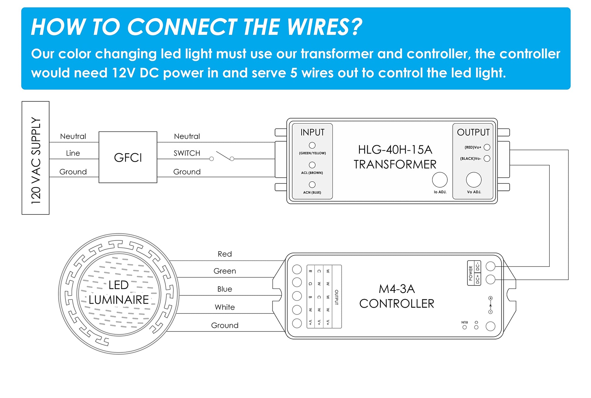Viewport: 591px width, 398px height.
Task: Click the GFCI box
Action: click(128, 157)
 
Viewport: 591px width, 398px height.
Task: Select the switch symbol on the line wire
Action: click(222, 156)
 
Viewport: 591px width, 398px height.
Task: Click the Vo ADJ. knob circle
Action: click(473, 180)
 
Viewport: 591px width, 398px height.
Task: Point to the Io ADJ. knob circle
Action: click(440, 180)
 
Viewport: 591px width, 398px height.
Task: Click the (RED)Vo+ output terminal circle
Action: click(487, 147)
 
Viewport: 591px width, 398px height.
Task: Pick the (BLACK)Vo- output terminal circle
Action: click(487, 158)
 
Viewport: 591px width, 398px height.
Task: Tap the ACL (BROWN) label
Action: click(312, 173)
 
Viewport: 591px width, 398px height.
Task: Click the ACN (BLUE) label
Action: click(312, 192)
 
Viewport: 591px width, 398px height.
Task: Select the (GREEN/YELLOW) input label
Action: click(312, 153)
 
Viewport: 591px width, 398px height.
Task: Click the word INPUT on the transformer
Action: click(312, 132)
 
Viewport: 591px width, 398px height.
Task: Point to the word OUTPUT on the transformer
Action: click(473, 132)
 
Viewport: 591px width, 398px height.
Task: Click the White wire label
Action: click(225, 307)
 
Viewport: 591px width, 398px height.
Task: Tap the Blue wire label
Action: click(225, 289)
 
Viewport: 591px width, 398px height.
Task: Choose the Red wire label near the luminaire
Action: click(225, 254)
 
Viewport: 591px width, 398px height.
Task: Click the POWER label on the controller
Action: click(471, 273)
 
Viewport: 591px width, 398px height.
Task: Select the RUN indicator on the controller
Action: click(464, 327)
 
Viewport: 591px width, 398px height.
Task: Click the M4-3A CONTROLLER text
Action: click(397, 296)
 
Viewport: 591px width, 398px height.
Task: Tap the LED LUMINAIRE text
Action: click(119, 292)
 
